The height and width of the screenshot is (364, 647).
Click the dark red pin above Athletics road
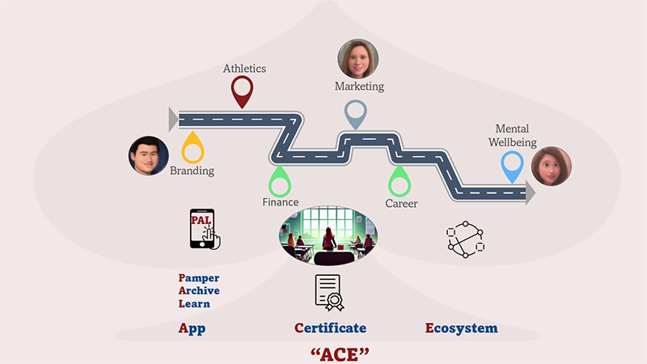[243, 90]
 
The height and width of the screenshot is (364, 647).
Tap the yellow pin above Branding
[193, 146]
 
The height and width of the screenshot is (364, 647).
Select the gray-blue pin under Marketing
[356, 113]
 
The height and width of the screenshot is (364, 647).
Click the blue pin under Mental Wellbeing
[511, 165]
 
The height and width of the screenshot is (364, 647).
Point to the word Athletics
[244, 69]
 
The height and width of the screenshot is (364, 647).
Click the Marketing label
[359, 86]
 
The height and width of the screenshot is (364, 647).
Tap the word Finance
[280, 202]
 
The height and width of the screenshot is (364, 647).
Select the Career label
[401, 203]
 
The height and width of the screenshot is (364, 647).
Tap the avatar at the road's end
[552, 167]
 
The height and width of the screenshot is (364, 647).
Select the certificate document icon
[330, 293]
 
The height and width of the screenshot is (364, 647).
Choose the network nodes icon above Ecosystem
[464, 239]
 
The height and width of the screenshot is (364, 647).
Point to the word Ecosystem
[461, 328]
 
